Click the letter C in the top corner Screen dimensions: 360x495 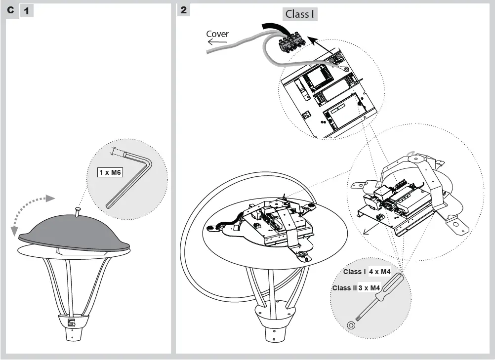[10, 10]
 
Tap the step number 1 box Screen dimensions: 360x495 [26, 10]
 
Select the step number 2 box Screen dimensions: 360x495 [184, 10]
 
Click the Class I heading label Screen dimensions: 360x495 [300, 14]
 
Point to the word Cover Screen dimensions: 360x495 [217, 34]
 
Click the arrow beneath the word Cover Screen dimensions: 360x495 [217, 42]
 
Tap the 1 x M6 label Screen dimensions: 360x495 [110, 172]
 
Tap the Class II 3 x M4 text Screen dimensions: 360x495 [356, 288]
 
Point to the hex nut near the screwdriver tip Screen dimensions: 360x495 [351, 324]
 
